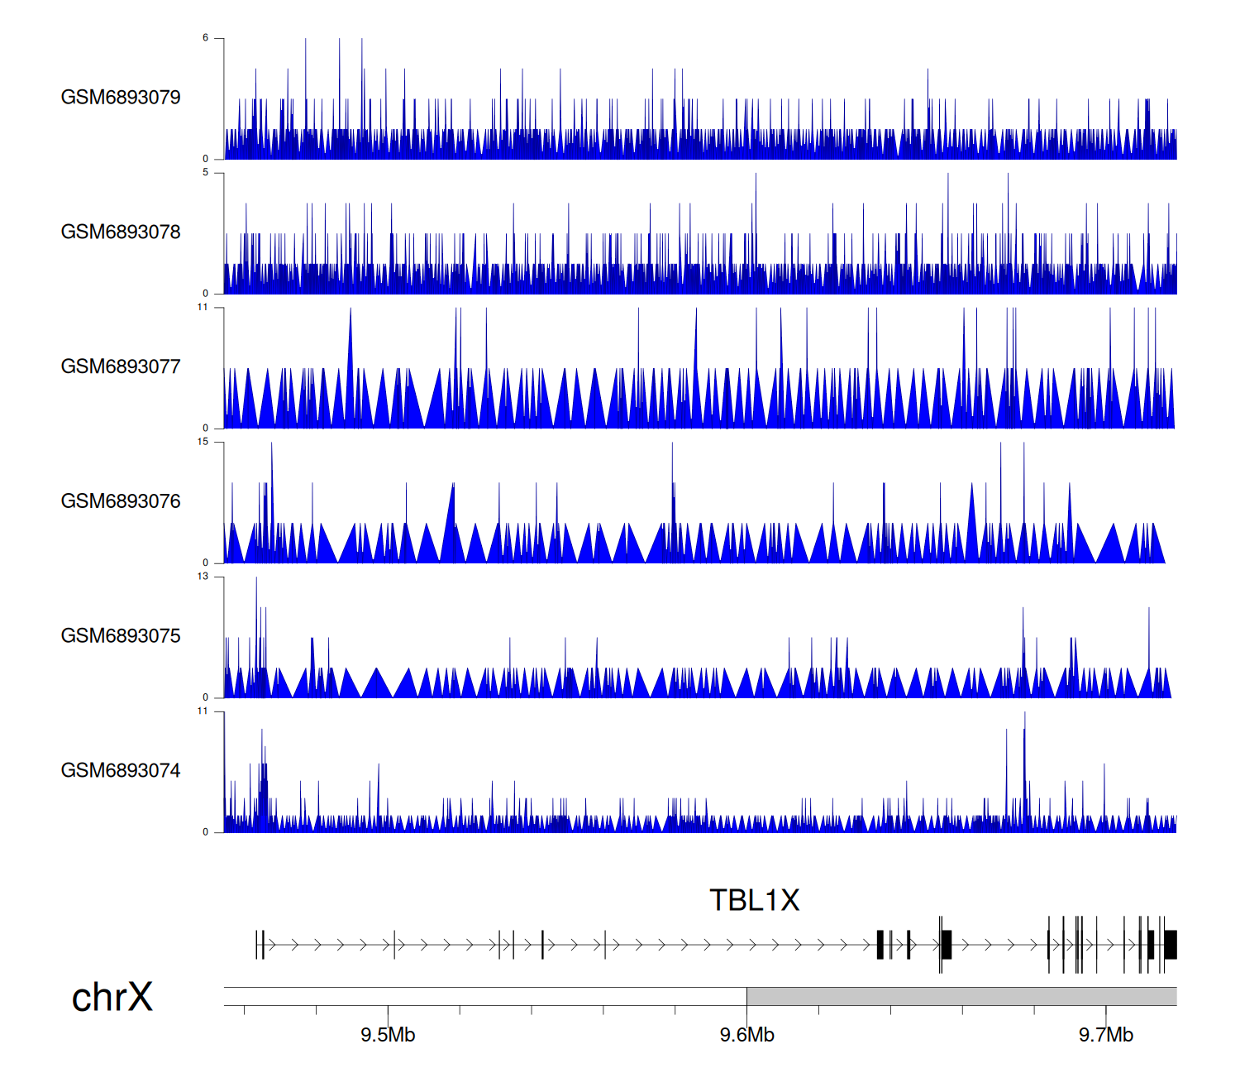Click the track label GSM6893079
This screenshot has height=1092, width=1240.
pyautogui.click(x=121, y=98)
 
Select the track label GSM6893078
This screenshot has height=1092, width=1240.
pyautogui.click(x=121, y=232)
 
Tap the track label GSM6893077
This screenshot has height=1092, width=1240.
pyautogui.click(x=121, y=367)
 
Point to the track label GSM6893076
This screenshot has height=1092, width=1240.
pyautogui.click(x=121, y=502)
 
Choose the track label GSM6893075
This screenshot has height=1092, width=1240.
pyautogui.click(x=121, y=636)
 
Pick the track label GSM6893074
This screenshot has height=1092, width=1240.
pyautogui.click(x=121, y=771)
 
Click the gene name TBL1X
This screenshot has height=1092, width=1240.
pyautogui.click(x=755, y=901)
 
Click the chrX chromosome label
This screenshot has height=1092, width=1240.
pyautogui.click(x=112, y=998)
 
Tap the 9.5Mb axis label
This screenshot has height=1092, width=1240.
pyautogui.click(x=388, y=1036)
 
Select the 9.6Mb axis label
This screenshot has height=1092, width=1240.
pyautogui.click(x=746, y=1036)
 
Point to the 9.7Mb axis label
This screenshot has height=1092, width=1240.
pyautogui.click(x=1105, y=1036)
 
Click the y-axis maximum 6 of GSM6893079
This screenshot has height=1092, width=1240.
pyautogui.click(x=206, y=38)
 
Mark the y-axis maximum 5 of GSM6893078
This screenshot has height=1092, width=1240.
pyautogui.click(x=206, y=173)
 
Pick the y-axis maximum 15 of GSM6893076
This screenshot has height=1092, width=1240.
pyautogui.click(x=203, y=442)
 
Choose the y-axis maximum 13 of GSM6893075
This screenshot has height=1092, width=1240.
pyautogui.click(x=203, y=577)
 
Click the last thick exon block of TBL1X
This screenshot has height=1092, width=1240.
pyautogui.click(x=1171, y=945)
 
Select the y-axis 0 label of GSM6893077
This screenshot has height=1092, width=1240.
pyautogui.click(x=206, y=428)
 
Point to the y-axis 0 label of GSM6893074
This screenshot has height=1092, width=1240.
pyautogui.click(x=206, y=832)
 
